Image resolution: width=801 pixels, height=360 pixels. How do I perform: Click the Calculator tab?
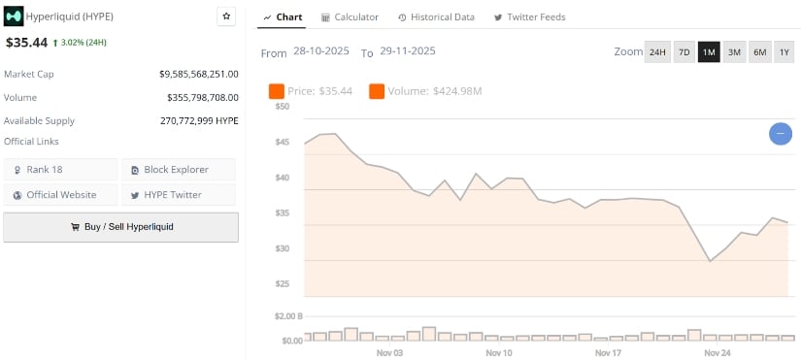pyautogui.click(x=350, y=17)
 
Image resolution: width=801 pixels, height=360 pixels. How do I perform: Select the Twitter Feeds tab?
pyautogui.click(x=529, y=17)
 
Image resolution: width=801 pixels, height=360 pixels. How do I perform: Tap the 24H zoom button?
pyautogui.click(x=657, y=51)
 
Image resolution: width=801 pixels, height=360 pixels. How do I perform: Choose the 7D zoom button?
pyautogui.click(x=684, y=51)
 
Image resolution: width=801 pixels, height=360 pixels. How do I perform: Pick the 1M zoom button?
pyautogui.click(x=709, y=51)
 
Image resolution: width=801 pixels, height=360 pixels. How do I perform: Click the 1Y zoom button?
pyautogui.click(x=784, y=51)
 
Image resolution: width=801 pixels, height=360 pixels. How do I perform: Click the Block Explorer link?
pyautogui.click(x=179, y=170)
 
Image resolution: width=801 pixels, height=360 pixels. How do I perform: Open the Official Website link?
pyautogui.click(x=61, y=195)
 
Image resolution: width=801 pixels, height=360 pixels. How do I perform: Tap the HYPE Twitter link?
pyautogui.click(x=179, y=195)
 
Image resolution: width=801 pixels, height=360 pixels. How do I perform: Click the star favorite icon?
pyautogui.click(x=226, y=16)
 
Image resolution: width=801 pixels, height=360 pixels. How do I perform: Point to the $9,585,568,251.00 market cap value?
pyautogui.click(x=199, y=74)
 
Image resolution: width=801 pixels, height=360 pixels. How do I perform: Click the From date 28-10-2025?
pyautogui.click(x=322, y=51)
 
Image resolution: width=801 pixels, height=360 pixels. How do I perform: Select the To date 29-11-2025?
pyautogui.click(x=409, y=51)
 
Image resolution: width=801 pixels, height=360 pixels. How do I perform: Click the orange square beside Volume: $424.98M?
pyautogui.click(x=377, y=91)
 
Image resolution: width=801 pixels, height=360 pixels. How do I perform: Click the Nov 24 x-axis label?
pyautogui.click(x=718, y=352)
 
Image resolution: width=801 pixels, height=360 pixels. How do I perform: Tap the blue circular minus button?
pyautogui.click(x=781, y=134)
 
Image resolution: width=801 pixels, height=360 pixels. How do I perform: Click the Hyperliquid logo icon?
pyautogui.click(x=15, y=17)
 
